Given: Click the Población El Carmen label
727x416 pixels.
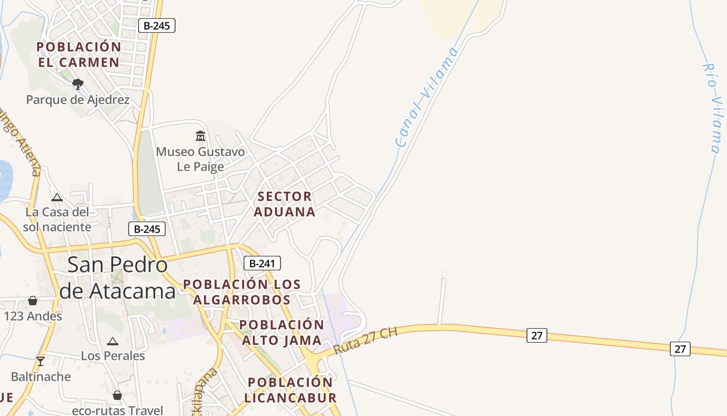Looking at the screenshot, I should [x=78, y=54].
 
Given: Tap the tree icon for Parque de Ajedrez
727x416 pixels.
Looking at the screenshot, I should [x=78, y=83].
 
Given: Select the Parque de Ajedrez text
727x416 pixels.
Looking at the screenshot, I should [x=78, y=99].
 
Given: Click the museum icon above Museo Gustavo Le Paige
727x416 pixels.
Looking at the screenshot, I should [x=200, y=136].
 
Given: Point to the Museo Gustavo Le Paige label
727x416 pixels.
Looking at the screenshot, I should [x=200, y=159].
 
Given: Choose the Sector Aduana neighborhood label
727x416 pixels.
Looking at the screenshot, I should [x=285, y=204].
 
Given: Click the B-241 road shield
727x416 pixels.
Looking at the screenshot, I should [x=262, y=263].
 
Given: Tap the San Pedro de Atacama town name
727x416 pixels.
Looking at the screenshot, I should [x=117, y=278].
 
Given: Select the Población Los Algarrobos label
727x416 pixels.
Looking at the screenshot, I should [x=242, y=292].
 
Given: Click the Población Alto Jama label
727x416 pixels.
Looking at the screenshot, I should [x=282, y=332].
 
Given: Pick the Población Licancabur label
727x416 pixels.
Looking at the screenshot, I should [x=290, y=390].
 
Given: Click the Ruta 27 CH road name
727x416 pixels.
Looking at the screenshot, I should [x=366, y=341].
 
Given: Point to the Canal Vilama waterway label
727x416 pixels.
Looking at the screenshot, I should [x=427, y=97].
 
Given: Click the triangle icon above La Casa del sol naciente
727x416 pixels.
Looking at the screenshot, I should [x=57, y=197].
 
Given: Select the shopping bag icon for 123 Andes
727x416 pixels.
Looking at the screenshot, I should [x=33, y=301].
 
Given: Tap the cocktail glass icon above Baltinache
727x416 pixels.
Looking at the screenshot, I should [x=41, y=361].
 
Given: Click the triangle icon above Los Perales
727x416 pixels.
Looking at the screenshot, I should [x=113, y=341].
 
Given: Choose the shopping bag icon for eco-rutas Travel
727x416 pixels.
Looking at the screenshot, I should [x=117, y=395].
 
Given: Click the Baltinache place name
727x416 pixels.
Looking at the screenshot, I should [x=41, y=376].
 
